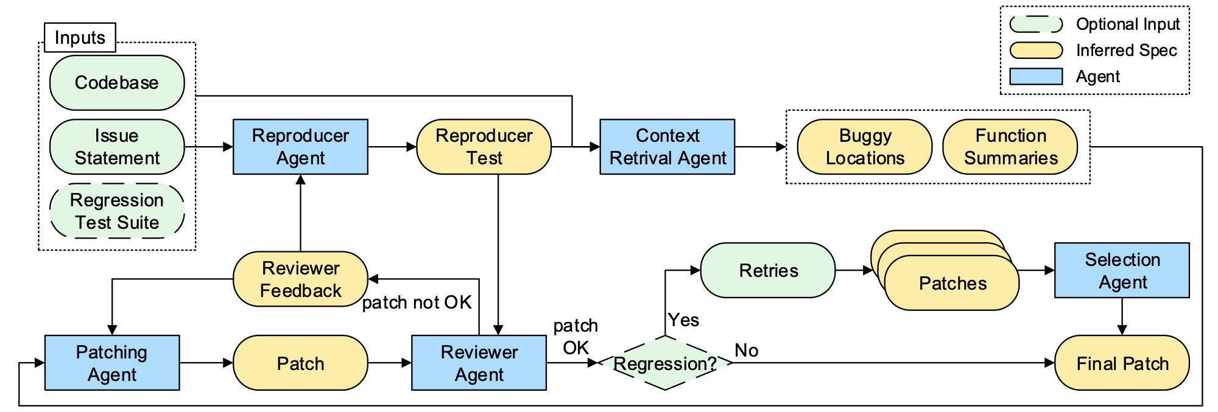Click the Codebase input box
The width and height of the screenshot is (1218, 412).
click(116, 83)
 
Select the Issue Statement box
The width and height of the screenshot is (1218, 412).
click(116, 147)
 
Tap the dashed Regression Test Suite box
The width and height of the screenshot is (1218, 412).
click(116, 211)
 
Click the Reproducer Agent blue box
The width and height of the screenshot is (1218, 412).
click(300, 147)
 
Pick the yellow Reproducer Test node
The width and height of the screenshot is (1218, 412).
click(484, 147)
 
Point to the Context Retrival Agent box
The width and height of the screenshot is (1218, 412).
click(667, 147)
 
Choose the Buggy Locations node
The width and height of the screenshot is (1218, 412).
click(864, 147)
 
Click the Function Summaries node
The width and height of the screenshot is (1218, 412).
click(1010, 147)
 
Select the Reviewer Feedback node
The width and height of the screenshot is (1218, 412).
click(300, 279)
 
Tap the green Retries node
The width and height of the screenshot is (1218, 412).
click(767, 270)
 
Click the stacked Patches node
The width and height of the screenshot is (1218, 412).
click(951, 283)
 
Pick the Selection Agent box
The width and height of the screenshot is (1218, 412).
click(1122, 270)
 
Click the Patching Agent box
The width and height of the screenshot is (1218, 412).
click(112, 363)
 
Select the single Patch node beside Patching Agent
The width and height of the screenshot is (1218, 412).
click(300, 363)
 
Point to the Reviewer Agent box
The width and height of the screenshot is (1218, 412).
click(479, 363)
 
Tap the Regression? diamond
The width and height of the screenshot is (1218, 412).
click(665, 363)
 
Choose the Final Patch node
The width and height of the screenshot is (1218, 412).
click(1122, 363)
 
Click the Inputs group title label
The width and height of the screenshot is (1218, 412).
click(80, 38)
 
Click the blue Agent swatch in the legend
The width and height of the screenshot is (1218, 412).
click(1036, 76)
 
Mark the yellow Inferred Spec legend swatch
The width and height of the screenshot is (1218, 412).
click(1036, 50)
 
